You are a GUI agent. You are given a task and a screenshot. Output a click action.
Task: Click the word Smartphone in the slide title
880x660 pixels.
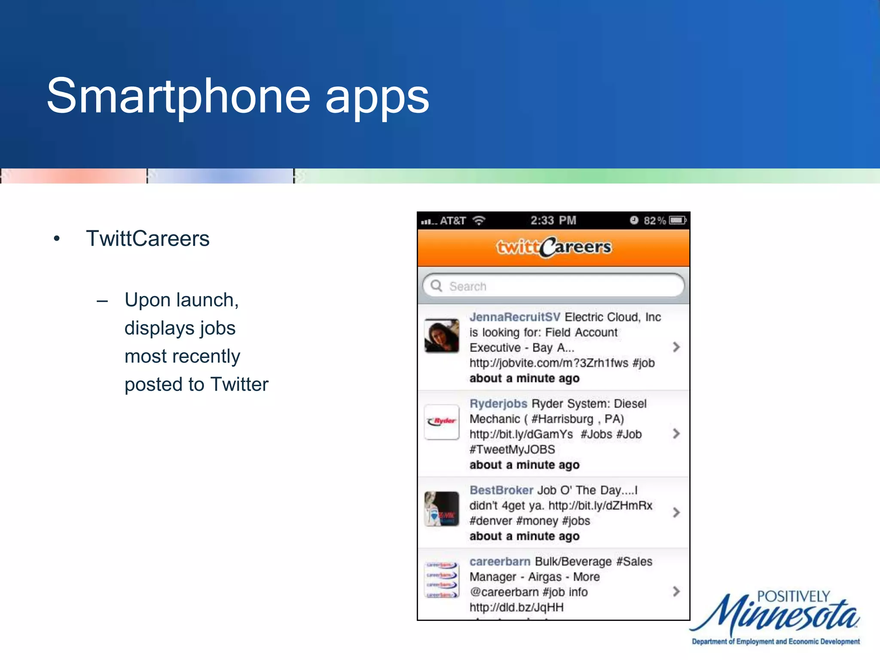(178, 97)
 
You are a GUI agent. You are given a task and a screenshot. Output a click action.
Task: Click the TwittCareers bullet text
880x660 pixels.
(147, 238)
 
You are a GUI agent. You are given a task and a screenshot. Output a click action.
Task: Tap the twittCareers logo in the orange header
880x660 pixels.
(553, 247)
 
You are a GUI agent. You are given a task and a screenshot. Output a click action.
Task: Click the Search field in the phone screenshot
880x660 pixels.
(559, 286)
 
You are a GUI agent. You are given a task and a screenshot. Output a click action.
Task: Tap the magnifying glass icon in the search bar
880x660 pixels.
(437, 286)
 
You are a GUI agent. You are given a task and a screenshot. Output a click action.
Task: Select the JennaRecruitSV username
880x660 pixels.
(514, 317)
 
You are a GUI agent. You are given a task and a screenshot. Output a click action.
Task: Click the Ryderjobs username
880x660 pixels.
(498, 404)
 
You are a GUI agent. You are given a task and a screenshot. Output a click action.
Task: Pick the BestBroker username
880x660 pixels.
(501, 490)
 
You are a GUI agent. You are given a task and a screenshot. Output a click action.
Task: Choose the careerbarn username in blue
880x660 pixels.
(500, 562)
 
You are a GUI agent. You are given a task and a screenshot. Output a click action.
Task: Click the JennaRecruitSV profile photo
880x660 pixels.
(442, 336)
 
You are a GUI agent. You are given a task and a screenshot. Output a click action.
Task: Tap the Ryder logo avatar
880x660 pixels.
(442, 422)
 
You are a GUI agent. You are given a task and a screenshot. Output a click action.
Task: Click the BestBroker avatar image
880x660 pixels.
(442, 509)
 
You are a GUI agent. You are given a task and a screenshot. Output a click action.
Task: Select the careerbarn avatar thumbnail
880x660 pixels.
(442, 580)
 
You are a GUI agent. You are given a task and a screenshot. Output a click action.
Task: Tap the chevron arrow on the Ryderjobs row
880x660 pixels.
(676, 434)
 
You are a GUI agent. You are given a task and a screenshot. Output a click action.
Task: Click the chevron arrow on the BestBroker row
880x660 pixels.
(676, 512)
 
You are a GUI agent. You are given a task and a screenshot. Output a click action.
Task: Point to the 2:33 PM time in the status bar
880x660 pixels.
(553, 221)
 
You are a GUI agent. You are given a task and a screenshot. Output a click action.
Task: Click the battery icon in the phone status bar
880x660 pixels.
(678, 220)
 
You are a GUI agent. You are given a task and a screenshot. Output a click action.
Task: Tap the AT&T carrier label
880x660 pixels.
(452, 221)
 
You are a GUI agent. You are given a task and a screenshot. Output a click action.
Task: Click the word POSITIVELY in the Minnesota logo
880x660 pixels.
(793, 596)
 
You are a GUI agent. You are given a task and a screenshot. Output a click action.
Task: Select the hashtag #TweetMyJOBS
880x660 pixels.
(512, 449)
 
